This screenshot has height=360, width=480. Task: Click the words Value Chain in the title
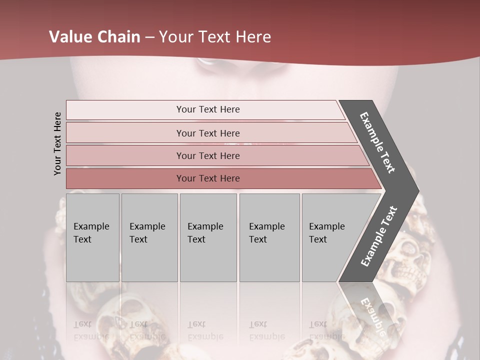94,37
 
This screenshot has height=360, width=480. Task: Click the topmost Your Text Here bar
207,109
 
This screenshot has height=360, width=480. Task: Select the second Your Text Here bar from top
207,133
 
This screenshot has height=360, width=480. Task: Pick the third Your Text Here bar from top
207,155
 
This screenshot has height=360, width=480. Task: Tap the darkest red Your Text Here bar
207,178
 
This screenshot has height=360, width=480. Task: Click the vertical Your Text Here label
57,143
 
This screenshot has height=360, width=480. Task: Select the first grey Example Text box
92,237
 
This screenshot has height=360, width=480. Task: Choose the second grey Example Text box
149,237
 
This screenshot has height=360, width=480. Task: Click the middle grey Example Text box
208,237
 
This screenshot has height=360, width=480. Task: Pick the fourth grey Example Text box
269,237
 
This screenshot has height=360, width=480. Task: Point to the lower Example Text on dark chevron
379,236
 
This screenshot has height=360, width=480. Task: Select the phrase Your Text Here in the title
215,37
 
